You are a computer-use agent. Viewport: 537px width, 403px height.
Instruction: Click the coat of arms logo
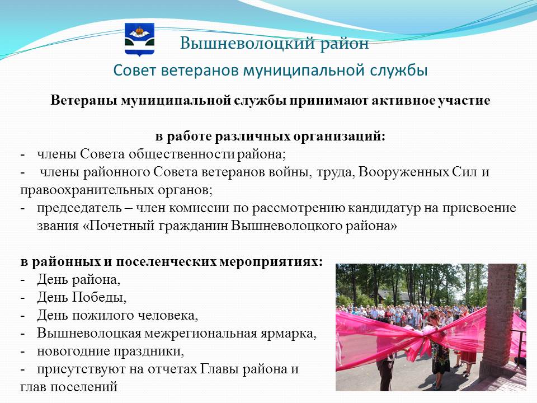(139, 39)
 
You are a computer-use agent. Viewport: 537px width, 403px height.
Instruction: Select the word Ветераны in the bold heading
(84, 101)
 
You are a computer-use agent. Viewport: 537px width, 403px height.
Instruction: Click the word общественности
(182, 154)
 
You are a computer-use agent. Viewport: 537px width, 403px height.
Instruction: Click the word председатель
(79, 208)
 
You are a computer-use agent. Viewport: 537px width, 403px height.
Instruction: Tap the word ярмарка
(288, 334)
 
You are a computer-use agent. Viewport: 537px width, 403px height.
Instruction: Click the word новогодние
(73, 352)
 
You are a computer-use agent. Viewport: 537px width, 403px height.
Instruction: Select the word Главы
(219, 369)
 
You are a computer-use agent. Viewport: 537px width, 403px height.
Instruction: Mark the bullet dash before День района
(22, 280)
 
